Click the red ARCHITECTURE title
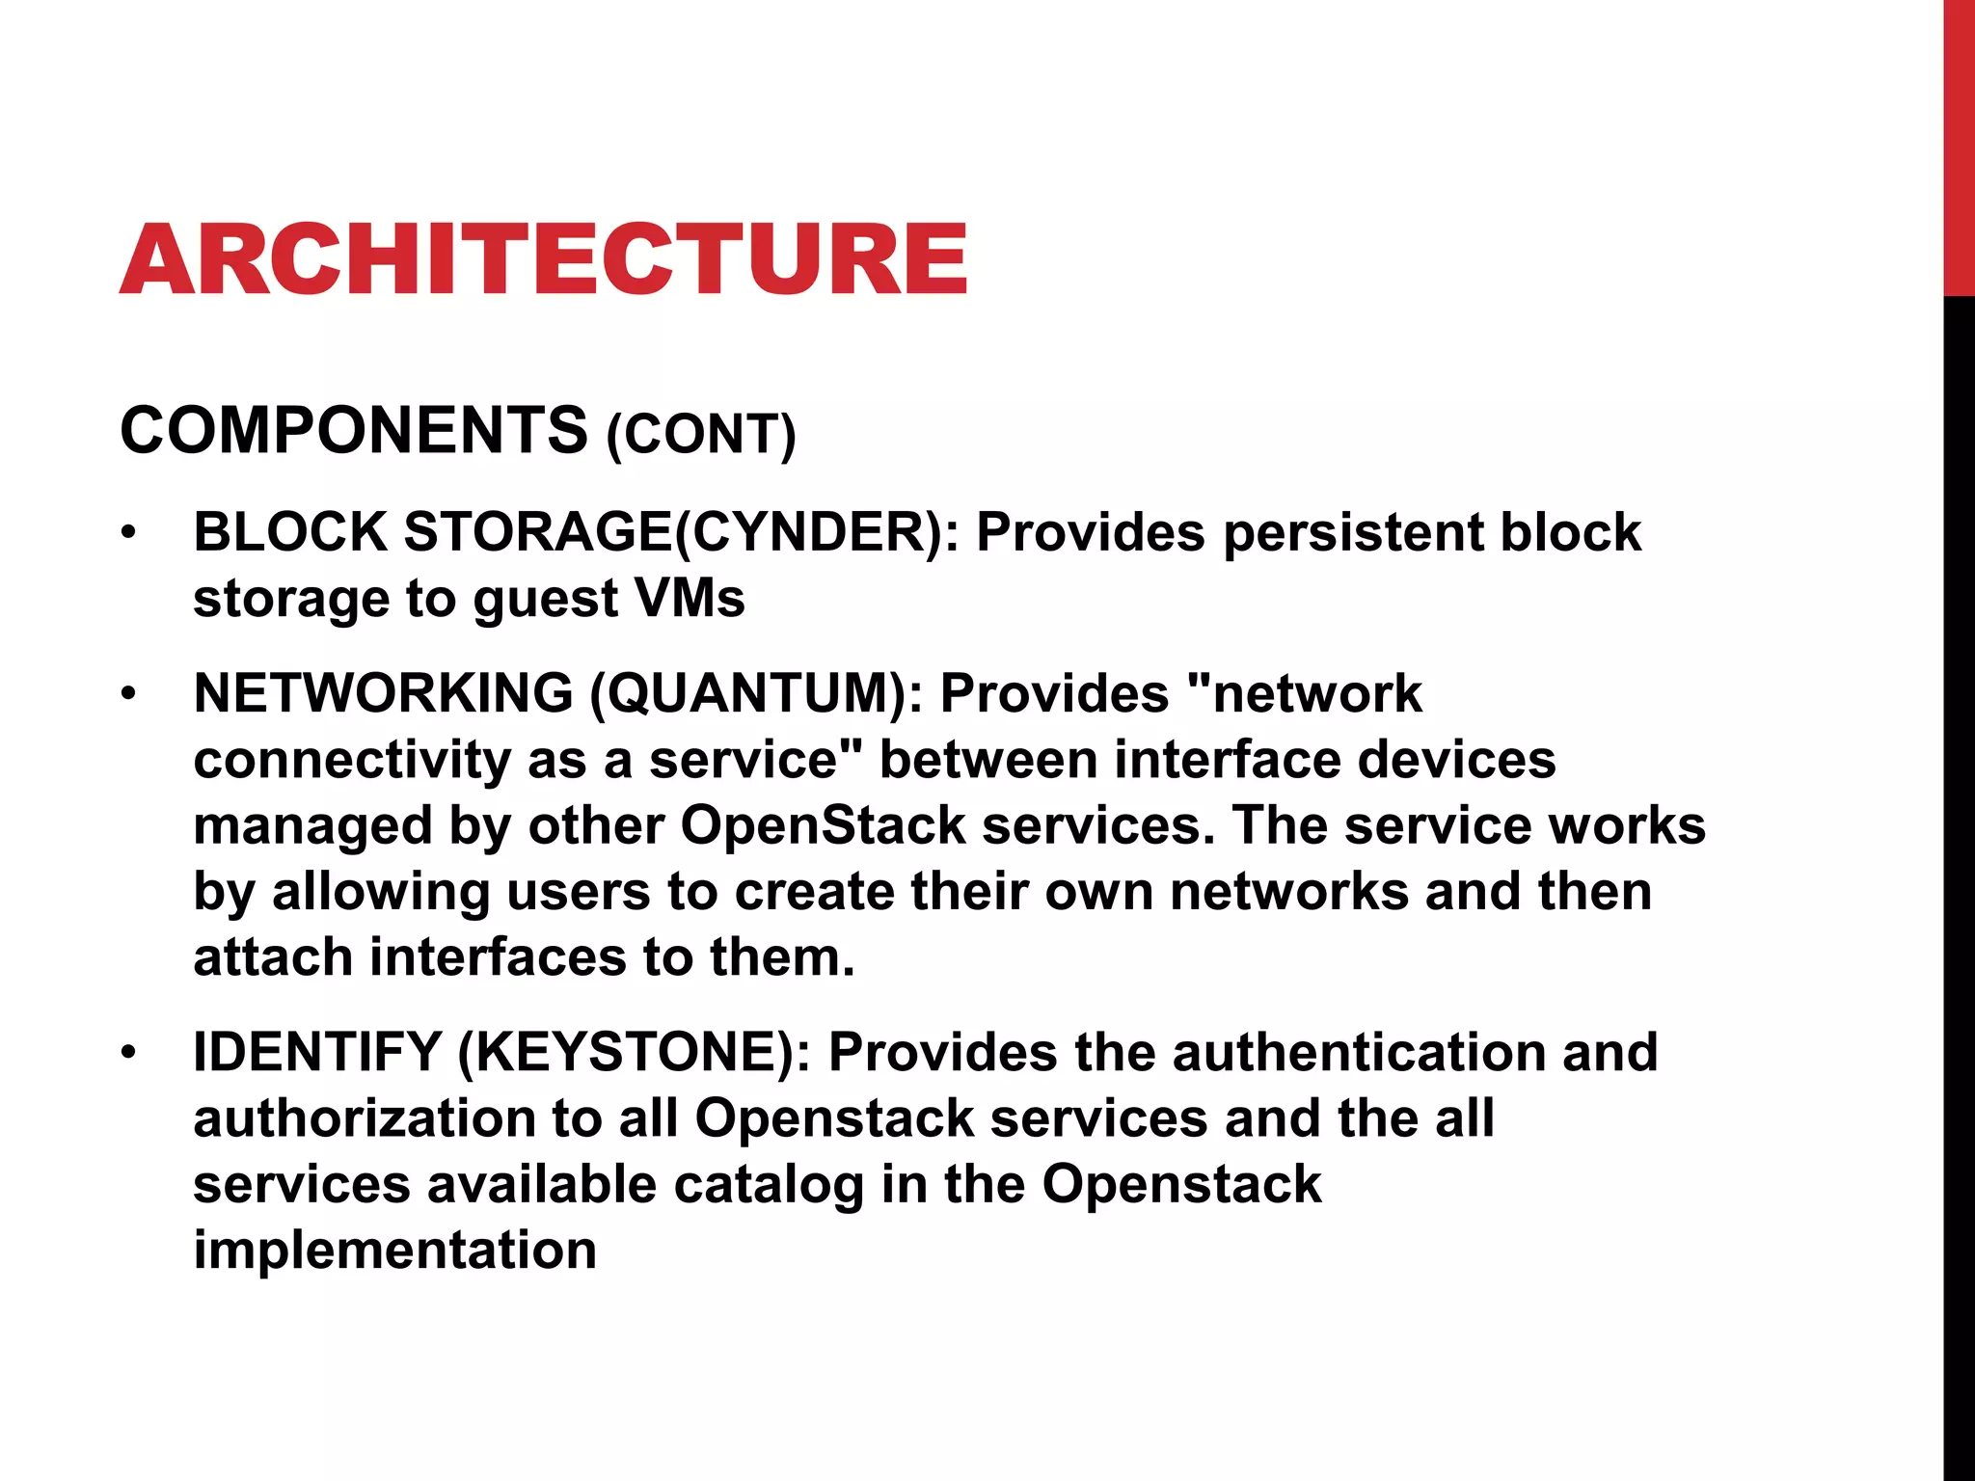tap(543, 258)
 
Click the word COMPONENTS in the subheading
tap(353, 430)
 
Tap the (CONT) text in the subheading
tap(701, 434)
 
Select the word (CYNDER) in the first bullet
tap(818, 532)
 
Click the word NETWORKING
tap(383, 693)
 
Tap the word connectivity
tap(351, 760)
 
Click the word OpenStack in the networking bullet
tap(823, 825)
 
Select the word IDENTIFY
tap(317, 1052)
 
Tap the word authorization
tap(364, 1118)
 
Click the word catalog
tap(768, 1184)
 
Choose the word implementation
tap(394, 1250)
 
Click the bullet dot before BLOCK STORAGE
tap(129, 533)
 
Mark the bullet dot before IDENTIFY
tap(129, 1053)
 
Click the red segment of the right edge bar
tap(1959, 145)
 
